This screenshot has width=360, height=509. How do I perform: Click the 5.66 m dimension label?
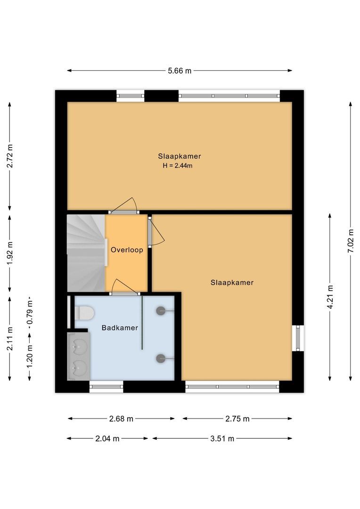[x=180, y=71]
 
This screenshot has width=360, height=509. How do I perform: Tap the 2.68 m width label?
[x=122, y=419]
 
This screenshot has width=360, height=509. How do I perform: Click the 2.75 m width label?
[x=237, y=419]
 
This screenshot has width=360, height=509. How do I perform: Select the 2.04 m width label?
[x=107, y=438]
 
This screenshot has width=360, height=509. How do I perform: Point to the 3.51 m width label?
[x=222, y=438]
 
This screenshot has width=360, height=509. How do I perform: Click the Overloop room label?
[x=127, y=250]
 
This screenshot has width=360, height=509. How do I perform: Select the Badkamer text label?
[x=120, y=328]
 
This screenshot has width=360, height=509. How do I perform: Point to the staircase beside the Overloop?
[x=85, y=253]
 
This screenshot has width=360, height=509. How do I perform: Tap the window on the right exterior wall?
[x=297, y=338]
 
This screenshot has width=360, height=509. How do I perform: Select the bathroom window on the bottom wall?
[x=106, y=386]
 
